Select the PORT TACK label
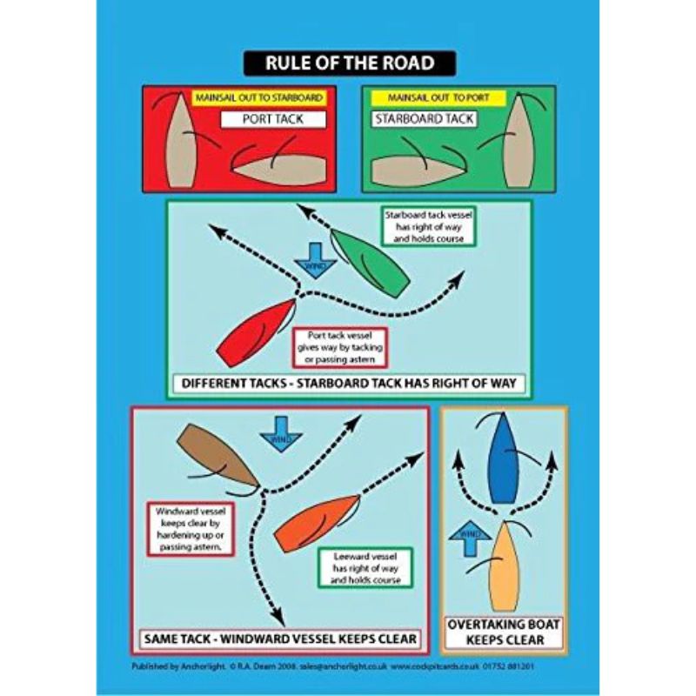pyautogui.click(x=272, y=118)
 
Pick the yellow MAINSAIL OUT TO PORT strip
pyautogui.click(x=433, y=97)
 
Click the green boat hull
pyautogui.click(x=369, y=262)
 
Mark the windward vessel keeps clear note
pyautogui.click(x=189, y=529)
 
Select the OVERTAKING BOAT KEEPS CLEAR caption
pyautogui.click(x=504, y=632)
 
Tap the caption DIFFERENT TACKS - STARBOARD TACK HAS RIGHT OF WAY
pyautogui.click(x=348, y=383)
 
